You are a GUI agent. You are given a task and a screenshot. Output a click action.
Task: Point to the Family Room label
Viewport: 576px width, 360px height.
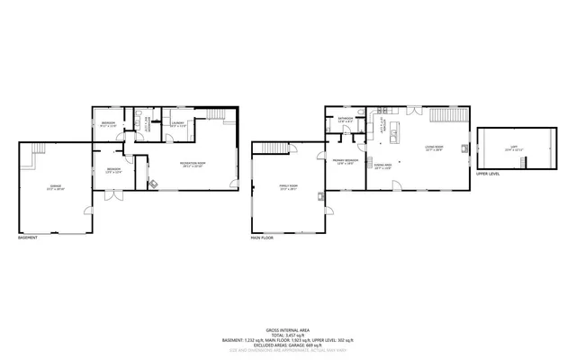(288, 188)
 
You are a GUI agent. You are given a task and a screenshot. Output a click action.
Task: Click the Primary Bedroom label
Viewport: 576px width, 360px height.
(346, 162)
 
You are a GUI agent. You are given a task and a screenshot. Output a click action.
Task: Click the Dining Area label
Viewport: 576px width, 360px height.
(383, 166)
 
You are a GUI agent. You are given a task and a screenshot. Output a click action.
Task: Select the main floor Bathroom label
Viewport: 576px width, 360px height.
(346, 120)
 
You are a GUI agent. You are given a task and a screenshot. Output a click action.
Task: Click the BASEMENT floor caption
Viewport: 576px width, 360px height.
(28, 238)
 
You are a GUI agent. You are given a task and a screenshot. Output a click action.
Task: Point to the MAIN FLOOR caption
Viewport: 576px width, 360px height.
(262, 238)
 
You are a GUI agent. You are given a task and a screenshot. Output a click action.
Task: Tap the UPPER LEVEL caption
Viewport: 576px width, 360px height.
(488, 175)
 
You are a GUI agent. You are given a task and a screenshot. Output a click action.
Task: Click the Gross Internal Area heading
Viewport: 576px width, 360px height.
(288, 328)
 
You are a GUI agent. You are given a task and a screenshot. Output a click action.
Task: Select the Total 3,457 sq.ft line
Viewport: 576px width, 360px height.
(288, 334)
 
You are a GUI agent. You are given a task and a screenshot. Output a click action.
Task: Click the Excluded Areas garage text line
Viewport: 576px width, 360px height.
(288, 345)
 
